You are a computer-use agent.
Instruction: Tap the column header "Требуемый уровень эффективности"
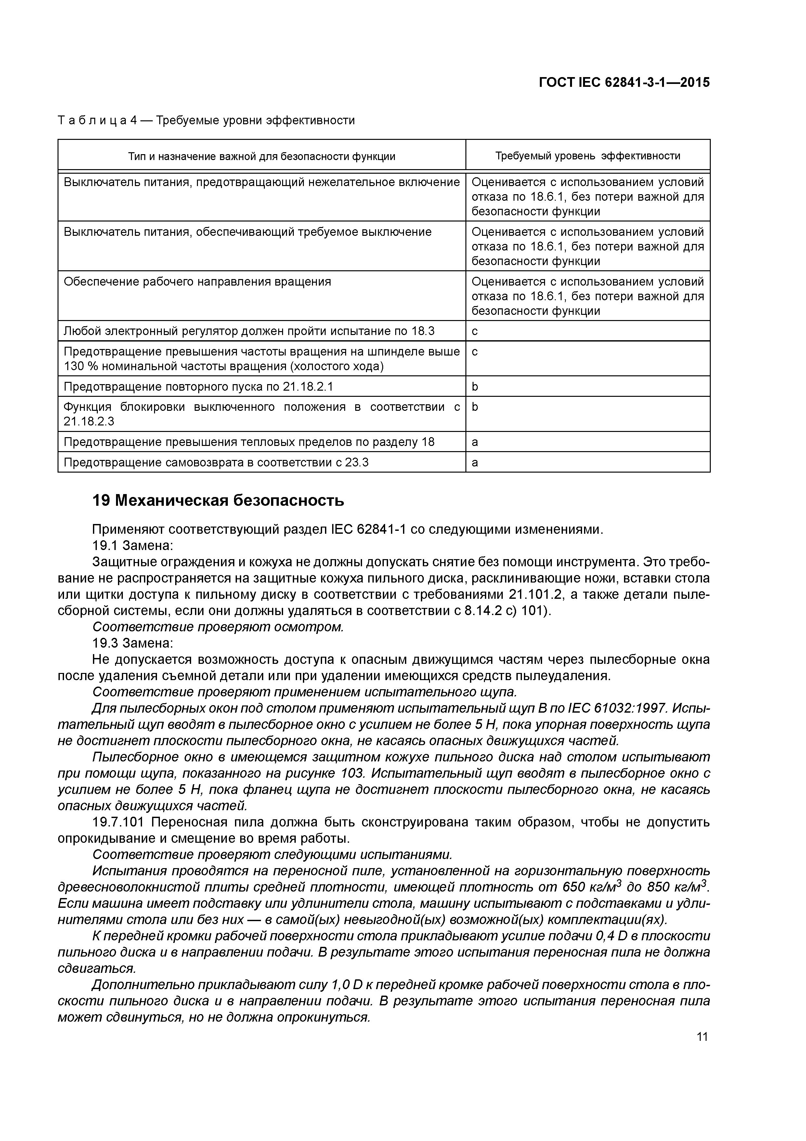588,156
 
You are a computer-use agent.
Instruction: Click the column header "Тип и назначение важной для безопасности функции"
262,156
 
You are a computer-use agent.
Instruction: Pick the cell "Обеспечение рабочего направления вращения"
197,282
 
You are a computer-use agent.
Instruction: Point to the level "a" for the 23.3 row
475,463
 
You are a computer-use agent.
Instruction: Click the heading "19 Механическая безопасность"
218,501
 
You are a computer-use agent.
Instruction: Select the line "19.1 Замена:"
133,546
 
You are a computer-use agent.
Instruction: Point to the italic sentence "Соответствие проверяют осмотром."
218,627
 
